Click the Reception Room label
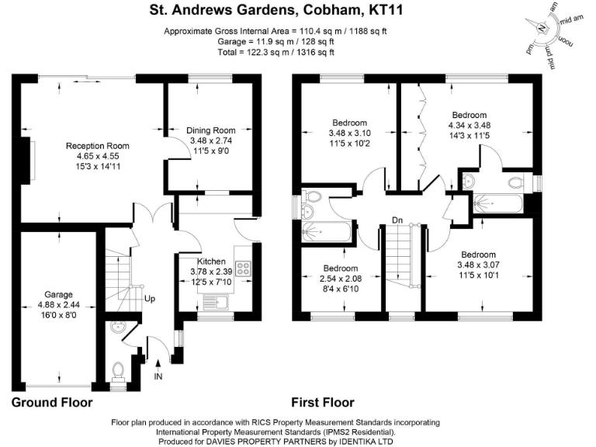97,146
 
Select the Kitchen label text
211,262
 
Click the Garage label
58,295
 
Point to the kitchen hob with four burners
243,270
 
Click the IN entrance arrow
158,369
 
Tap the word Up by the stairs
151,299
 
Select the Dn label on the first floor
397,220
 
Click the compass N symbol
542,26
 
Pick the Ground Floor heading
52,403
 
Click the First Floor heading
323,403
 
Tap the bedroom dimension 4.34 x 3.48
470,125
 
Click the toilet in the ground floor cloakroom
119,371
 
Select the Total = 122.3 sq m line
275,53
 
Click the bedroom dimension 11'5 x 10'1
481,275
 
